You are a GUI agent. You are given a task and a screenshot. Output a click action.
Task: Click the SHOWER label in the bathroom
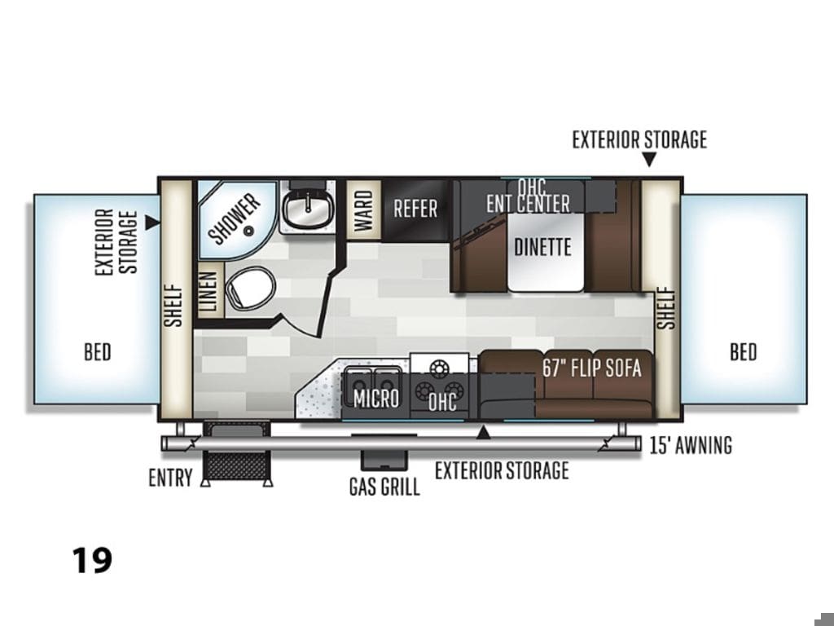point(235,218)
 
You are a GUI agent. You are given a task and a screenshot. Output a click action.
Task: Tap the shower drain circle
point(248,231)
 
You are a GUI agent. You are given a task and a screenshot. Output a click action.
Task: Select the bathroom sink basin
point(307,209)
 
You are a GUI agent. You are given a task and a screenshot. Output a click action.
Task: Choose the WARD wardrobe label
point(364,211)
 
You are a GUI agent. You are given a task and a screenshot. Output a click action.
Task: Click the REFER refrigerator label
point(415,208)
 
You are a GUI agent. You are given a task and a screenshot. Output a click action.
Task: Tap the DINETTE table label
point(542,247)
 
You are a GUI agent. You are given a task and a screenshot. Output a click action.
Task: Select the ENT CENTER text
point(528,203)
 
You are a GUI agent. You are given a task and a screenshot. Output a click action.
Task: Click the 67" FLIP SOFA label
point(592,368)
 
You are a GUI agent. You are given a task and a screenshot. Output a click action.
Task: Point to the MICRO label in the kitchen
point(376,398)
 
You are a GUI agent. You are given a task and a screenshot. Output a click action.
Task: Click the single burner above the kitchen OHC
point(439,367)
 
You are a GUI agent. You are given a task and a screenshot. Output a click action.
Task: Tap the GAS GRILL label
point(384,487)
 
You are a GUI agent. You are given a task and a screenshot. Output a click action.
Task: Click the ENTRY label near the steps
point(170,478)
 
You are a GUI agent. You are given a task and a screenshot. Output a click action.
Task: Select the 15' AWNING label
point(691,444)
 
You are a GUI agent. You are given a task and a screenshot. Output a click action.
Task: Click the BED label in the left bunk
point(98,352)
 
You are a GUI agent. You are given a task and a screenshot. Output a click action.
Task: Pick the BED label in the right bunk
point(743,352)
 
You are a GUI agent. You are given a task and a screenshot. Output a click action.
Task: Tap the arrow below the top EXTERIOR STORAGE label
point(649,159)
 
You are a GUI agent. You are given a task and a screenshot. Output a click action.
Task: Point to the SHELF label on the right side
point(665,308)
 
